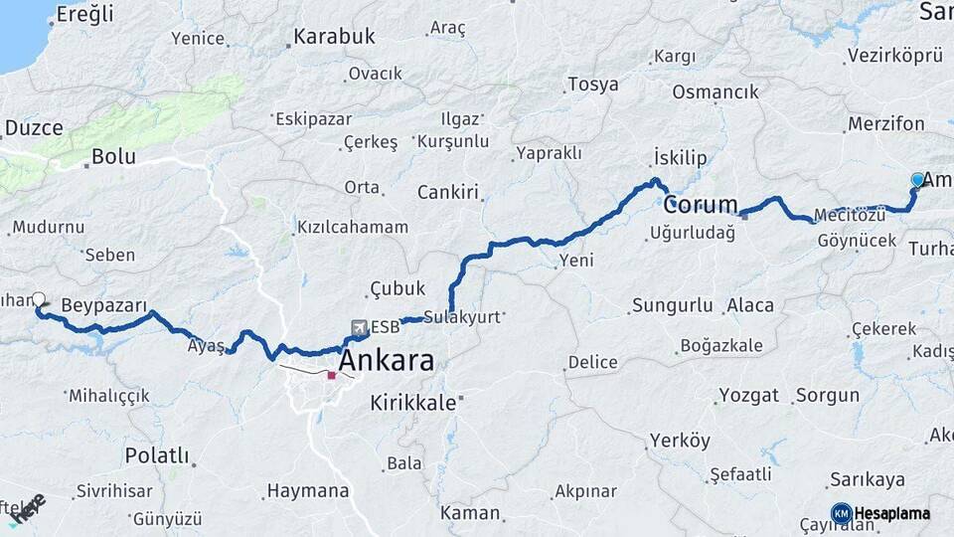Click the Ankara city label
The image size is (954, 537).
point(387,360)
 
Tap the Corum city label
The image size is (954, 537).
point(701,206)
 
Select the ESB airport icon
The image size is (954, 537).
point(358,327)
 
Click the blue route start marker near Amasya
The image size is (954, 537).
point(917,180)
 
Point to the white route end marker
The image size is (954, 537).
point(39,298)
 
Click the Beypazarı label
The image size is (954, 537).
point(103,304)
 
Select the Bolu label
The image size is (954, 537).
point(112,156)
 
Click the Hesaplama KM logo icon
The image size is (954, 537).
point(841,513)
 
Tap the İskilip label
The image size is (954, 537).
point(680,158)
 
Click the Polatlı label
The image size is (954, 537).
point(156,455)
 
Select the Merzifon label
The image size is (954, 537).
point(886,124)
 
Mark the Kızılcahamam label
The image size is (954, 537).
point(352,227)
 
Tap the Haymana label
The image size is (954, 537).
point(308,490)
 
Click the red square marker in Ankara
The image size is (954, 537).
point(331,376)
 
